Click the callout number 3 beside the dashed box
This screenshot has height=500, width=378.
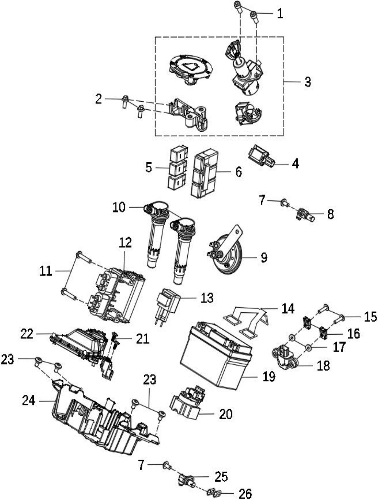308,82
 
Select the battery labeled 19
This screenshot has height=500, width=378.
216,355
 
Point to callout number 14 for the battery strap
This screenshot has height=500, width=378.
288,309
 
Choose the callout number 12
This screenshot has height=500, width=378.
125,243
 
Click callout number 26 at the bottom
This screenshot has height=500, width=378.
245,493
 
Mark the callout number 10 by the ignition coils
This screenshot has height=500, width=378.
119,207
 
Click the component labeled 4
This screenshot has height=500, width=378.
261,157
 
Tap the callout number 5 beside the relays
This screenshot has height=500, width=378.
148,167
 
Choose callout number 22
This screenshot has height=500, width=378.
27,334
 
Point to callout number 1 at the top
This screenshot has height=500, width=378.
280,13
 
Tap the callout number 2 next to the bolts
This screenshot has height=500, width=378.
98,99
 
